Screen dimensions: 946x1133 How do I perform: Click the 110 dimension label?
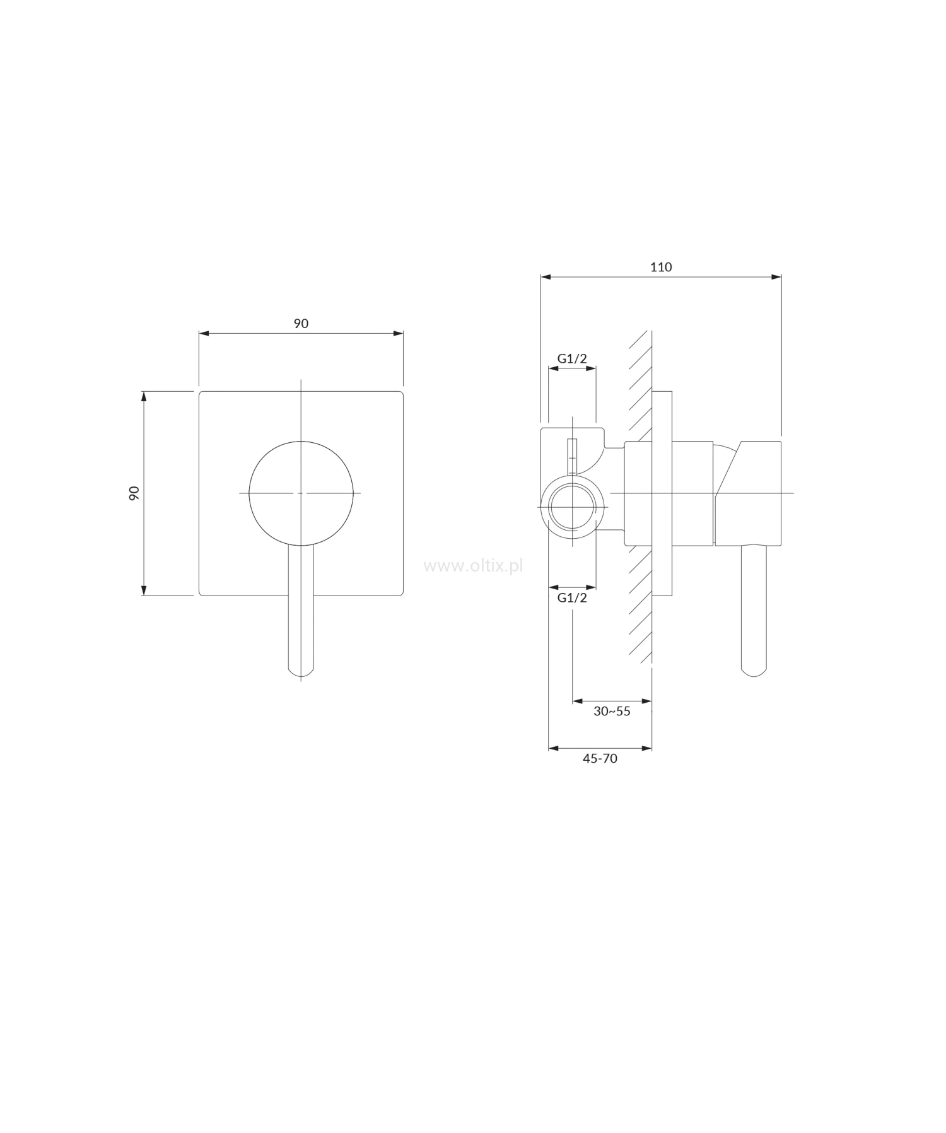pyautogui.click(x=661, y=267)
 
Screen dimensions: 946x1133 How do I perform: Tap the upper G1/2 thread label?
pyautogui.click(x=572, y=358)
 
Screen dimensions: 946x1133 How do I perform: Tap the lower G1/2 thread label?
pyautogui.click(x=572, y=597)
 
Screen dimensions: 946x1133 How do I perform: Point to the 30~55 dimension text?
pyautogui.click(x=612, y=711)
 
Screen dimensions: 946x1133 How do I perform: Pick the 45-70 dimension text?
pyautogui.click(x=600, y=758)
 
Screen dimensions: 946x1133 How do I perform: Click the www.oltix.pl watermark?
pyautogui.click(x=473, y=566)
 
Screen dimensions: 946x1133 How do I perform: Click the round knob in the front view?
pyautogui.click(x=301, y=492)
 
